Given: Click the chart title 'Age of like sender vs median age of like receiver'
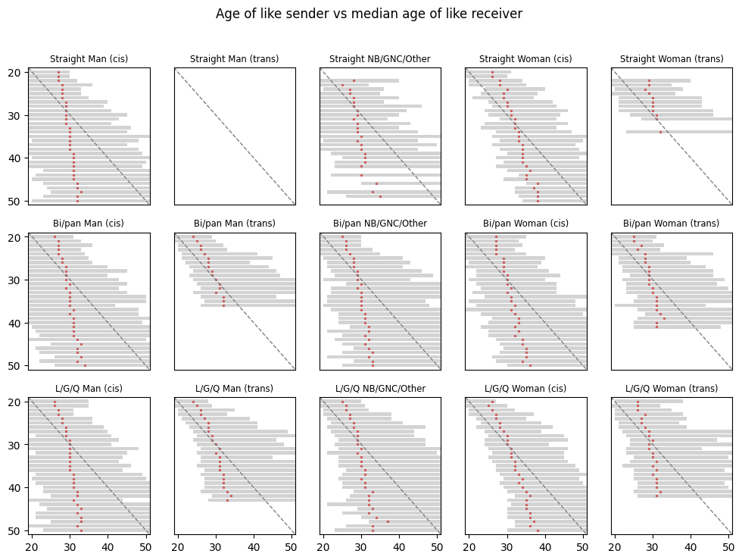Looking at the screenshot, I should (369, 14).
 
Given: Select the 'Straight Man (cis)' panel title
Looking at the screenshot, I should (88, 59).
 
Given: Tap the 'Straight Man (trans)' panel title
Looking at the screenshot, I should (234, 59).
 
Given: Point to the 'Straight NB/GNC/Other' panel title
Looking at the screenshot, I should (379, 59).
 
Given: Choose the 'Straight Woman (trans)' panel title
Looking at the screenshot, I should (672, 59).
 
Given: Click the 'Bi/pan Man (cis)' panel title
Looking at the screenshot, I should (88, 224).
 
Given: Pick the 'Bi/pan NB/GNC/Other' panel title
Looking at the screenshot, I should (379, 224).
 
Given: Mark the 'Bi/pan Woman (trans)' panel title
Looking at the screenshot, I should (672, 224).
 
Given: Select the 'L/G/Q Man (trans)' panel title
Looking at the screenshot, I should (234, 389).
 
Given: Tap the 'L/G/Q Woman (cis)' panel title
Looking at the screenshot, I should (525, 389).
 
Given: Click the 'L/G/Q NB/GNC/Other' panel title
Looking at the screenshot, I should (379, 389).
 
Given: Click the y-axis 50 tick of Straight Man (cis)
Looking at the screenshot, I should (17, 201).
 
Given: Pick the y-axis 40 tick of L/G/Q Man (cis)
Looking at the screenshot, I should (17, 488).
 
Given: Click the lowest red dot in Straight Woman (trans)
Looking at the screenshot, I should (660, 132).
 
